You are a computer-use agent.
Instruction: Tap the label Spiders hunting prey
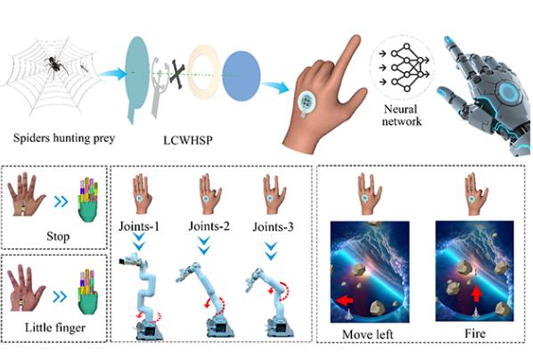pyautogui.click(x=64, y=138)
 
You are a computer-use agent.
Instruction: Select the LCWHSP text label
pyautogui.click(x=188, y=140)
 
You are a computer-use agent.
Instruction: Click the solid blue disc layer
pyautogui.click(x=242, y=76)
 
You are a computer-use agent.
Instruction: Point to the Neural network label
pyautogui.click(x=401, y=115)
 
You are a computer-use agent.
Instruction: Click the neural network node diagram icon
pyautogui.click(x=406, y=68)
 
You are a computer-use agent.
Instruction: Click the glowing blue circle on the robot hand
pyautogui.click(x=508, y=93)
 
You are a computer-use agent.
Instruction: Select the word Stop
pyautogui.click(x=58, y=236)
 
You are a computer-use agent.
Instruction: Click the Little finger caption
pyautogui.click(x=55, y=327)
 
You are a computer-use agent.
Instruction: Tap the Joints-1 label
pyautogui.click(x=139, y=226)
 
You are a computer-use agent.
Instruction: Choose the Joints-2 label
pyautogui.click(x=209, y=226)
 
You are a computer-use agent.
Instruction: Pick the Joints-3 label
pyautogui.click(x=273, y=226)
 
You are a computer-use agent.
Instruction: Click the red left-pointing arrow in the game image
pyautogui.click(x=345, y=301)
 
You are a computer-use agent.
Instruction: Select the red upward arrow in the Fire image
pyautogui.click(x=477, y=293)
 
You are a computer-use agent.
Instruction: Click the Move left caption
pyautogui.click(x=367, y=334)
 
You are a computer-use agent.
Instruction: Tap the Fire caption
pyautogui.click(x=474, y=333)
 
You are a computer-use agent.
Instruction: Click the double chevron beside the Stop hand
pyautogui.click(x=61, y=202)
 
